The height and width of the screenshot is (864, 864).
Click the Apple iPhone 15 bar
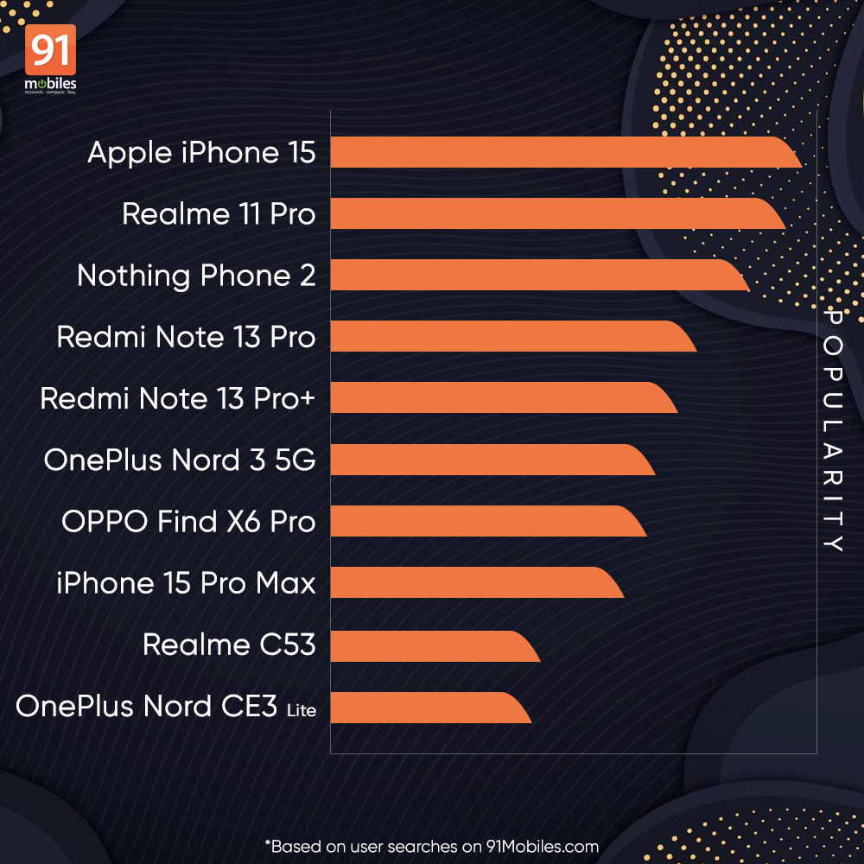click(562, 152)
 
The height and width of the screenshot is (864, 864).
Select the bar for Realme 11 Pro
click(553, 213)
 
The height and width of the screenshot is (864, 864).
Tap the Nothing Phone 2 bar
click(536, 275)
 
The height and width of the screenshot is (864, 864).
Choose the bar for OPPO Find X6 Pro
click(484, 521)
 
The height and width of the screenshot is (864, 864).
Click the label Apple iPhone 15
click(201, 153)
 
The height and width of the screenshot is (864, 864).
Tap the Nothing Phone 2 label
click(196, 276)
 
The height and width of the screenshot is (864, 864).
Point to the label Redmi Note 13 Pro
click(186, 337)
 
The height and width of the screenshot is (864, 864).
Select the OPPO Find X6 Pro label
click(188, 522)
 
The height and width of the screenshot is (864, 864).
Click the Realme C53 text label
click(229, 645)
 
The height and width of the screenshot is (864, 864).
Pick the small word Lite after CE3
click(302, 711)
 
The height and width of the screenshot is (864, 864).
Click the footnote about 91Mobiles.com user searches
click(432, 846)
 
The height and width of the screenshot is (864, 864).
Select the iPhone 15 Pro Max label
click(186, 583)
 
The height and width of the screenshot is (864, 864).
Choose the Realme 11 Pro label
click(219, 214)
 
